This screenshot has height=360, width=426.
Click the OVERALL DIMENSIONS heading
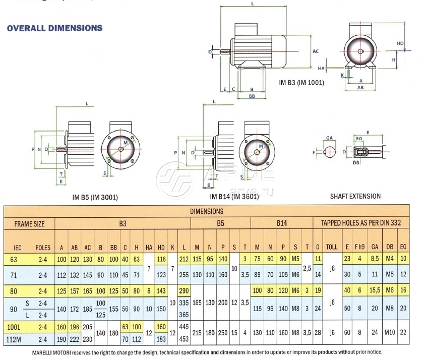(x=54, y=28)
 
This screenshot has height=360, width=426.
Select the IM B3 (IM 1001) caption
(x=301, y=82)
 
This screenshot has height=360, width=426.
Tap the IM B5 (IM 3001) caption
(x=95, y=197)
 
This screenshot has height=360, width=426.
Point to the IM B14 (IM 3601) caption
(x=234, y=197)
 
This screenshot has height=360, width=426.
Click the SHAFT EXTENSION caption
(x=355, y=196)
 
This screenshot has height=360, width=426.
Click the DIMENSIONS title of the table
(x=207, y=211)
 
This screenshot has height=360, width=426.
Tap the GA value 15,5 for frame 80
(x=374, y=291)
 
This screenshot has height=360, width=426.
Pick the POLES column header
(x=42, y=248)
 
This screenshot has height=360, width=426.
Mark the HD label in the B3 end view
(x=400, y=43)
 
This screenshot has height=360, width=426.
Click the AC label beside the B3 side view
(x=316, y=51)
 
